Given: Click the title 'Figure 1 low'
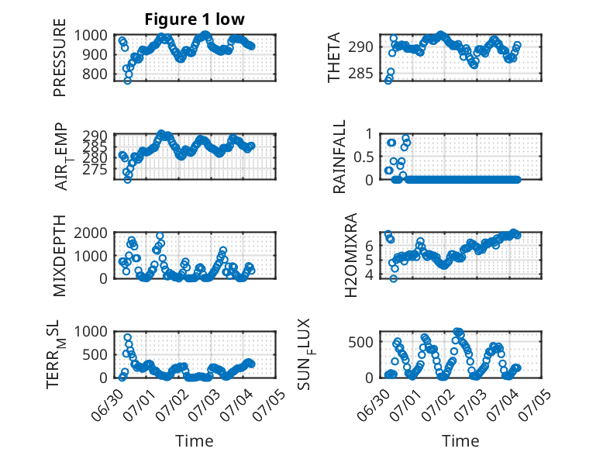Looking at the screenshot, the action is (195, 19).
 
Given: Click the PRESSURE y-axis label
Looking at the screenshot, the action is (60, 57).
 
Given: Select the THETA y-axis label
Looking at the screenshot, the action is (334, 57).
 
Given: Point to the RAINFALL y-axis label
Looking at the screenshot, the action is (339, 157).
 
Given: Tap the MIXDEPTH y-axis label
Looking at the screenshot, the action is (60, 255).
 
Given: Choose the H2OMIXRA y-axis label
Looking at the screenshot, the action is (351, 255).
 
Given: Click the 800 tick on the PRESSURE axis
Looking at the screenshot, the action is (95, 74).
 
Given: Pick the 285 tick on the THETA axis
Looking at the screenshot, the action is (360, 73).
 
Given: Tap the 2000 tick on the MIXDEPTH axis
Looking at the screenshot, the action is (91, 233).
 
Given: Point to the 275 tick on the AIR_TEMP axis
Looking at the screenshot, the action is (95, 169).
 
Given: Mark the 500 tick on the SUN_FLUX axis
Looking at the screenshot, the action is (360, 342).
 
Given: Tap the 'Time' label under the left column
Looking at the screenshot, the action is (195, 440).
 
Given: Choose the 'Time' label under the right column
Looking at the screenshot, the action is (460, 440).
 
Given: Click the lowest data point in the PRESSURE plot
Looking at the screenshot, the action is (127, 81).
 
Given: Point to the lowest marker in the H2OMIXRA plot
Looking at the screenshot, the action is (393, 278).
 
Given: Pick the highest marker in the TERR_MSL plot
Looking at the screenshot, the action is (128, 337).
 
